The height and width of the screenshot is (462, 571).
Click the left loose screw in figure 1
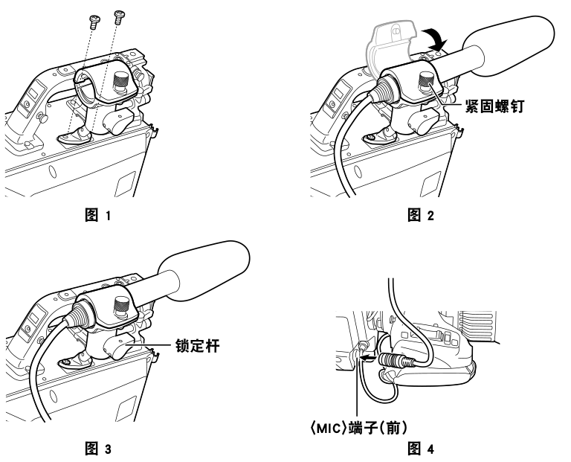point(94,19)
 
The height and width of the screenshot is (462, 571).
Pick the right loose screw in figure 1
point(117,16)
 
